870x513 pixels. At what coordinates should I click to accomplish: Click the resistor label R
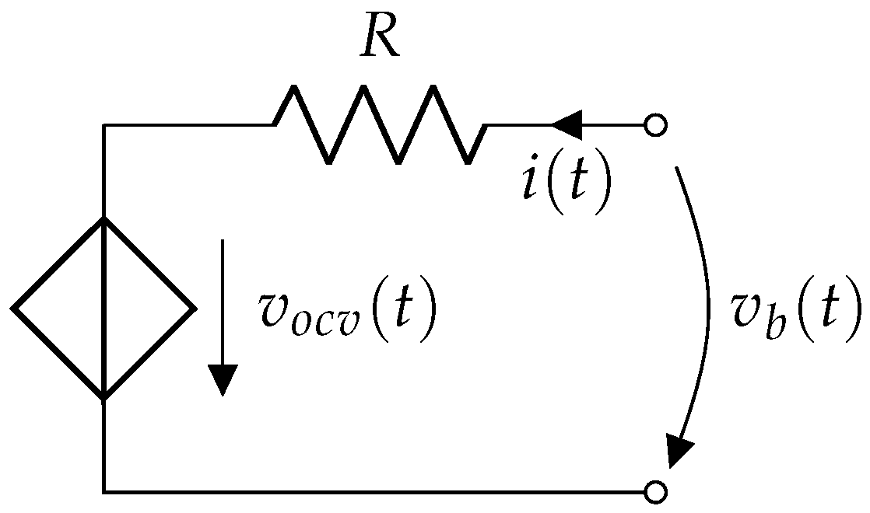(x=381, y=40)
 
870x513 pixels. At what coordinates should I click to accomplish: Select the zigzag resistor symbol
(x=381, y=124)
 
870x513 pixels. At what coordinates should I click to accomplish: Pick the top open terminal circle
(x=656, y=124)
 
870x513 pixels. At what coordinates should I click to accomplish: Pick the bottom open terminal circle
(x=656, y=491)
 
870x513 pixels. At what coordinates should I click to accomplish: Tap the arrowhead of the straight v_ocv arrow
(x=223, y=381)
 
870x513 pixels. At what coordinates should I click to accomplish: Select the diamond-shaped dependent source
(x=103, y=309)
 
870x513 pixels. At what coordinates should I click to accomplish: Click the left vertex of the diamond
(x=14, y=309)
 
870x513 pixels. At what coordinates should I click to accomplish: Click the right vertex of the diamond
(x=194, y=309)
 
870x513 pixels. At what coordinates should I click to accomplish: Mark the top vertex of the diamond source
(x=103, y=218)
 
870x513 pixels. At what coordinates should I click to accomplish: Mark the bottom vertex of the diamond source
(x=103, y=399)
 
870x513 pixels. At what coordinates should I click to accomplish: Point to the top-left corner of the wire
(x=103, y=124)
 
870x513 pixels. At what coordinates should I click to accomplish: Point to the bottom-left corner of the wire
(x=103, y=491)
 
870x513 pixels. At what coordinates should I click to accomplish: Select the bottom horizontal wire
(x=374, y=491)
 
